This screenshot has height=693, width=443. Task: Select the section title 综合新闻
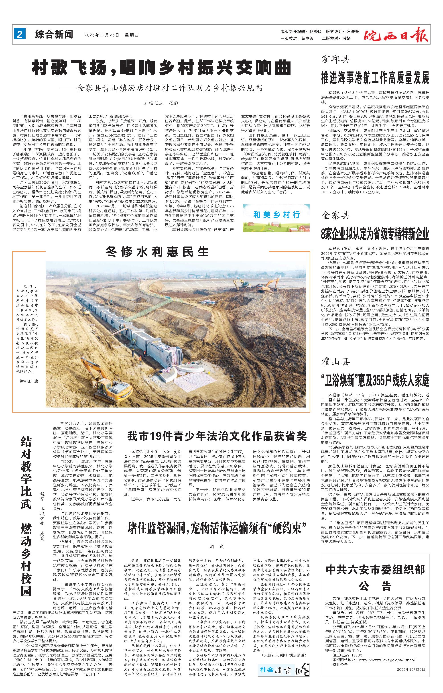pos(54,35)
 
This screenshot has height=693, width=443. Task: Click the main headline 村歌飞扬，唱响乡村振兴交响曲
pos(161,68)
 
